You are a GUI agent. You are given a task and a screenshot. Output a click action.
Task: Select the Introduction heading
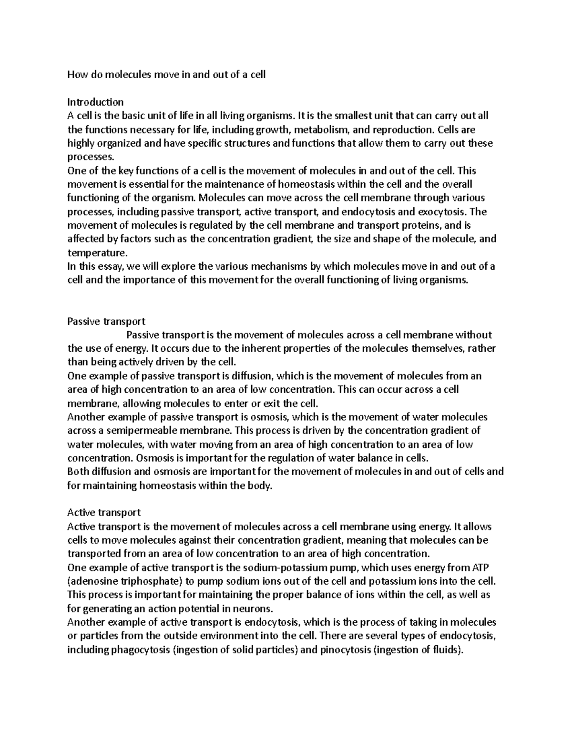coord(95,102)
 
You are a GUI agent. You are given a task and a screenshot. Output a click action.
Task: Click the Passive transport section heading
coord(106,321)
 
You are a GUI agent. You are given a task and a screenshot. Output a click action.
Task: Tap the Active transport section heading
coord(104,513)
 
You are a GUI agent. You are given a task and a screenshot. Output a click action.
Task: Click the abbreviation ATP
coord(480,568)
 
